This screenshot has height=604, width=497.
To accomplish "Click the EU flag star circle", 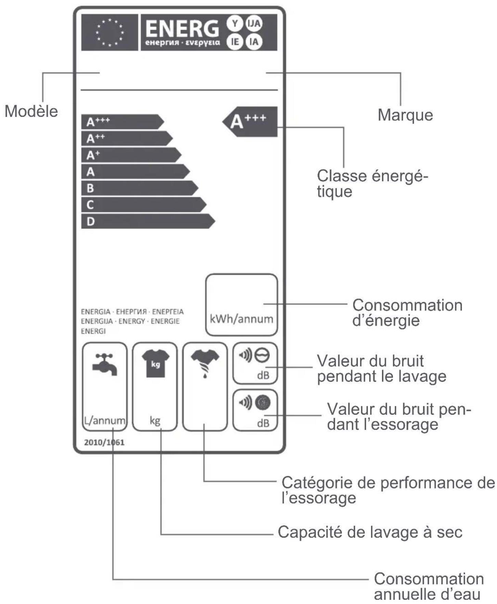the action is [x=110, y=33].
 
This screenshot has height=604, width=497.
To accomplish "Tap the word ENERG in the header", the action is [x=182, y=28].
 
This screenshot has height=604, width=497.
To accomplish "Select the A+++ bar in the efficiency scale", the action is [x=122, y=122].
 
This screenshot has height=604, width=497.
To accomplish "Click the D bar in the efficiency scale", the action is [x=148, y=221].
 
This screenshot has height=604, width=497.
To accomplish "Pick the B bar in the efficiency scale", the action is [x=140, y=188].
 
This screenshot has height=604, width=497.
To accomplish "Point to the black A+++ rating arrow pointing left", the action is [x=250, y=122].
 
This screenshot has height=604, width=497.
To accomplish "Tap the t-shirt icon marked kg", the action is [x=155, y=363].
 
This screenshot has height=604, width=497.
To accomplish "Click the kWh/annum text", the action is [x=241, y=319].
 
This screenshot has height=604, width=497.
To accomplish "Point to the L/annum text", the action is [x=105, y=420].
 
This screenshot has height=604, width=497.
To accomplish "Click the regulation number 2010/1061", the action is [x=104, y=442].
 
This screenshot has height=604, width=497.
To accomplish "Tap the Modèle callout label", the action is [x=31, y=112].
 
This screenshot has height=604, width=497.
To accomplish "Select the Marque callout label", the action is [x=405, y=115].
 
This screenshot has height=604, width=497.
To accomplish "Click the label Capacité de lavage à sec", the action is [x=370, y=532].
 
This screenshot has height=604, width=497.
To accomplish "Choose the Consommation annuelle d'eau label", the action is [x=429, y=587].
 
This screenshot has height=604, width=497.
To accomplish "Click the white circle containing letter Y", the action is [x=235, y=24].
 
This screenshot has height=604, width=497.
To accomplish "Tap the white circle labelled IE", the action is [x=235, y=42].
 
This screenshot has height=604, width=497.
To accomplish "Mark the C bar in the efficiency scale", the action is [x=144, y=205].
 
